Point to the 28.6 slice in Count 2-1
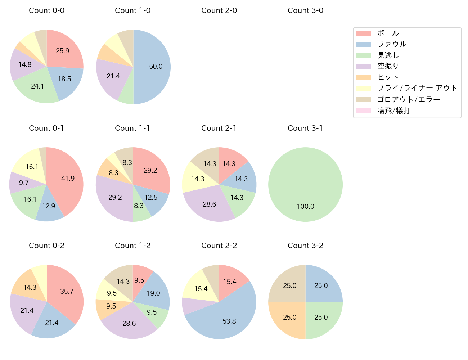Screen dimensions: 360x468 210,204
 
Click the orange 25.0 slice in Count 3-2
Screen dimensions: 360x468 290,318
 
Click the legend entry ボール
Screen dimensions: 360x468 388,33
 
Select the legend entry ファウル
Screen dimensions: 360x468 392,44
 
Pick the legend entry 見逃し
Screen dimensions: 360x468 388,55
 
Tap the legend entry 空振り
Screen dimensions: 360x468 388,66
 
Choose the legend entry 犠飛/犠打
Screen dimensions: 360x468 394,111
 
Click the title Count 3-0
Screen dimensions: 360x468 305,10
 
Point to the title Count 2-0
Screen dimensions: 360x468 219,10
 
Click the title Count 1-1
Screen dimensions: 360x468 132,128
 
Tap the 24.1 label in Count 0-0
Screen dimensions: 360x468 37,86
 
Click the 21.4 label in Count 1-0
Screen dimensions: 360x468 113,76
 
